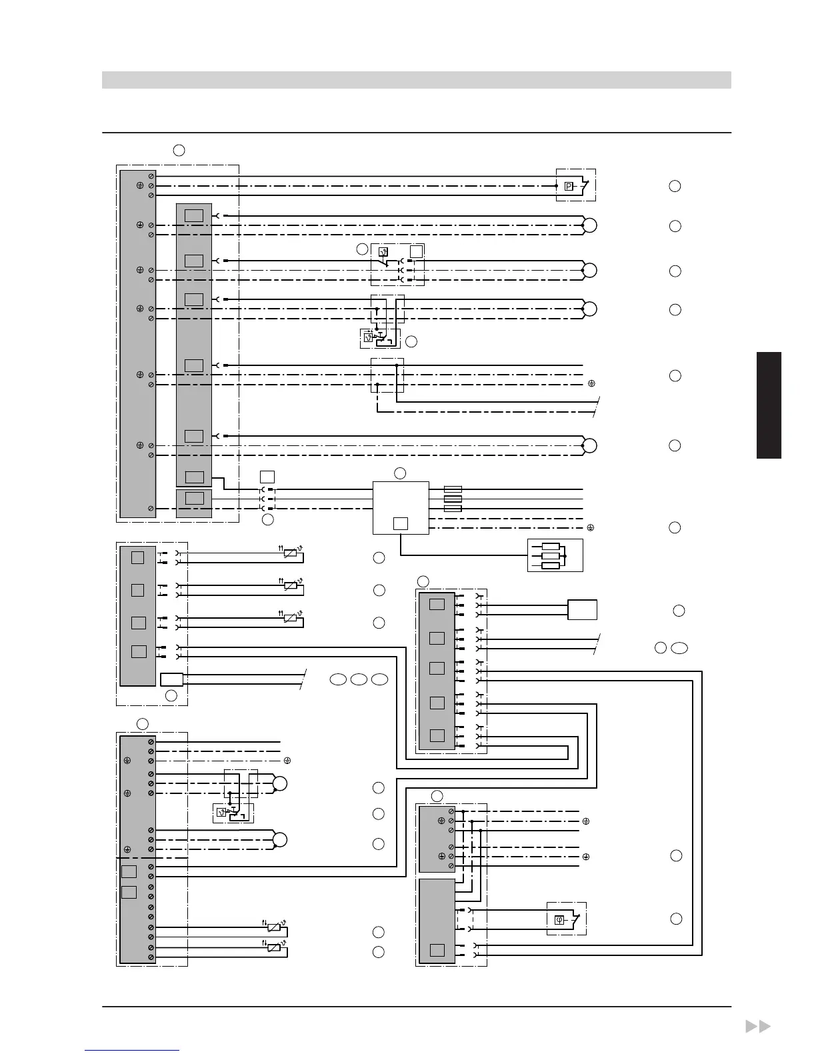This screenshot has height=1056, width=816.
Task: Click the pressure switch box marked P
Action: tap(569, 187)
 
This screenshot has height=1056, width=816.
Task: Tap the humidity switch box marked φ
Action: tap(559, 920)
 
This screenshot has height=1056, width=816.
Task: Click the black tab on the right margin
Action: tap(769, 405)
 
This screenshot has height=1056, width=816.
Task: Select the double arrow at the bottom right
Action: tap(757, 1027)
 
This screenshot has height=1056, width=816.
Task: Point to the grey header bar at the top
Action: tap(416, 80)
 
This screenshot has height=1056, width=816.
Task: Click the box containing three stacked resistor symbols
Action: tap(555, 555)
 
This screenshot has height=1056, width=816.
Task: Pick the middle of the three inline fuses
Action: tap(453, 499)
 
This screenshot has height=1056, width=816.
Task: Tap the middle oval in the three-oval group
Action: tap(359, 680)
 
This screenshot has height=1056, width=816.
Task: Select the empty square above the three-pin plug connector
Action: tap(267, 477)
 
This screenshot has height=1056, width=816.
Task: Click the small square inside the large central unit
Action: tap(400, 523)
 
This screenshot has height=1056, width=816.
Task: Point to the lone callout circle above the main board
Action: tap(179, 150)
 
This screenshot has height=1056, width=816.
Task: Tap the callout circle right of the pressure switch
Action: tap(675, 186)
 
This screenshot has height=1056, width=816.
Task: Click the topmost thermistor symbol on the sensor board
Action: tap(290, 553)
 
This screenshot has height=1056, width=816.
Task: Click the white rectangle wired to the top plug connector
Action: tap(582, 610)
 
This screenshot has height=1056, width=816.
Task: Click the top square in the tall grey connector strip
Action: tap(194, 216)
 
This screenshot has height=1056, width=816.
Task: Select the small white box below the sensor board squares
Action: tap(172, 679)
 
